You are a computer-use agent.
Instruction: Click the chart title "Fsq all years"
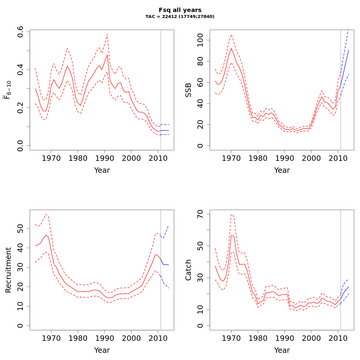(x=180, y=10)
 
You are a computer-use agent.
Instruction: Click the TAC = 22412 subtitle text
(x=180, y=17)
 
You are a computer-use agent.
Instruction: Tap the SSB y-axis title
(x=188, y=90)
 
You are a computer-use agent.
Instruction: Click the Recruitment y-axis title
(x=8, y=270)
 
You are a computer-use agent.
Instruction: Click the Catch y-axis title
(x=188, y=270)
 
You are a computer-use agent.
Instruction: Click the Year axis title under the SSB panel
(x=282, y=170)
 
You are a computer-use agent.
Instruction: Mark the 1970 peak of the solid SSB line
(x=231, y=48)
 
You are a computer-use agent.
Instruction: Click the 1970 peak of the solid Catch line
(x=231, y=235)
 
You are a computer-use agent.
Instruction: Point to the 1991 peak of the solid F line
(x=107, y=55)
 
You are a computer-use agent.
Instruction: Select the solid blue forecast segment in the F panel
(x=165, y=130)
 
